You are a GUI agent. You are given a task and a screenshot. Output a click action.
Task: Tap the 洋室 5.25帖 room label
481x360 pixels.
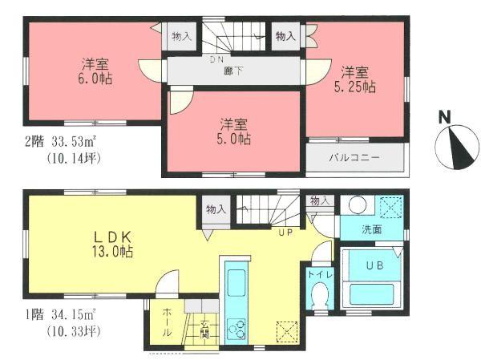(x=356, y=79)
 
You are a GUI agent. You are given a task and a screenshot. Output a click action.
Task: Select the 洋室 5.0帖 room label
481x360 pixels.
(x=234, y=131)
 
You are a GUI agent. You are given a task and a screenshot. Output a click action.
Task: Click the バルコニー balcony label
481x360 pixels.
(x=354, y=157)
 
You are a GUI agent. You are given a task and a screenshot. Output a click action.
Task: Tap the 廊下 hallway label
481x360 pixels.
(x=233, y=71)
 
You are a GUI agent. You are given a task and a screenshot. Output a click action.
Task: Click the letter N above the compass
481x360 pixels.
(x=443, y=117)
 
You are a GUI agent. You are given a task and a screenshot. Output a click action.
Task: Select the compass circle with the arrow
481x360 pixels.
(x=455, y=146)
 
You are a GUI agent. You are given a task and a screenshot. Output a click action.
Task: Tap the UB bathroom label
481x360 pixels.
(x=374, y=265)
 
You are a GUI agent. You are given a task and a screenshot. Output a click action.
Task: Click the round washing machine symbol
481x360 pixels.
(x=357, y=206)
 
